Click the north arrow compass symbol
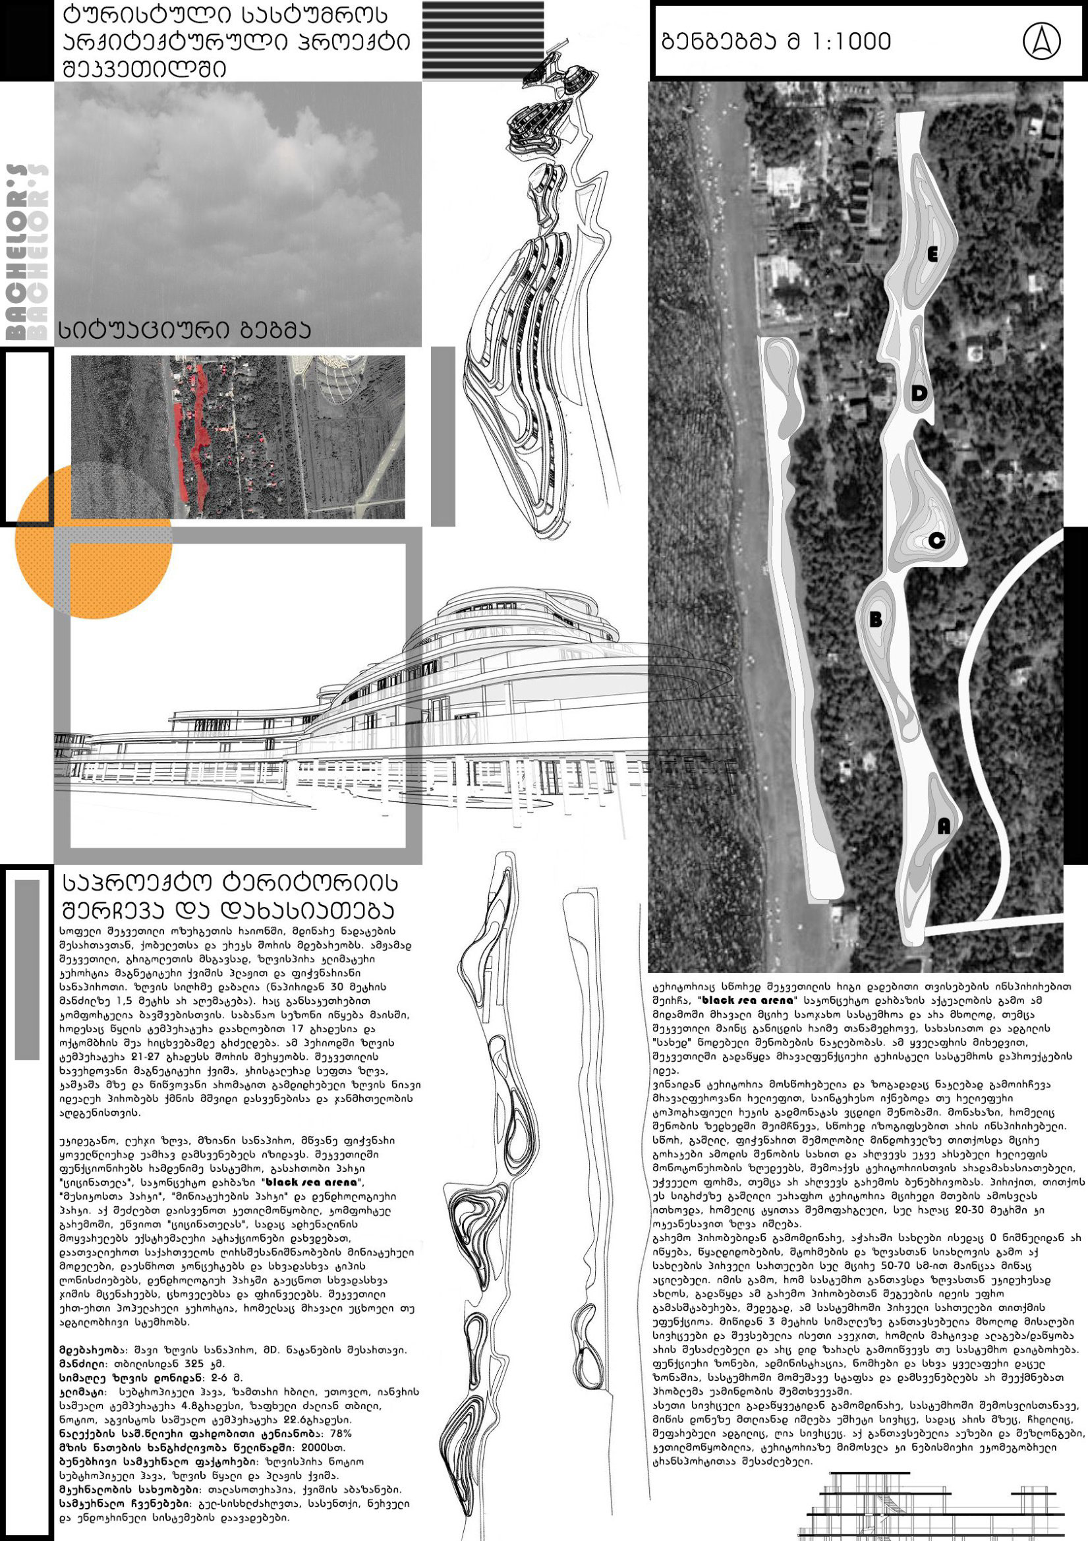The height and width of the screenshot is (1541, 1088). pos(1041,42)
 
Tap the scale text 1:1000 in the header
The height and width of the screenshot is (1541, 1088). pos(853,42)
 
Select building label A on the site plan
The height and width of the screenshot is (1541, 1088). pos(944,828)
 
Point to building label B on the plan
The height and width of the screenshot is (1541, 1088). pos(875,620)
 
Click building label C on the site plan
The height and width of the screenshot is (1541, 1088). pos(937,541)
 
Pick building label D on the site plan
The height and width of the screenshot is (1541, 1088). pos(919,394)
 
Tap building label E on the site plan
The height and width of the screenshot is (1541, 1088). pos(932,254)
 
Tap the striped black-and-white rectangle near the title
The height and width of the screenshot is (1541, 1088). pos(482,40)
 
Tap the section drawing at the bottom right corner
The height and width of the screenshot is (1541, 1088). pos(933,1509)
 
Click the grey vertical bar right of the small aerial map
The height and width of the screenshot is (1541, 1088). pos(442,436)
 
